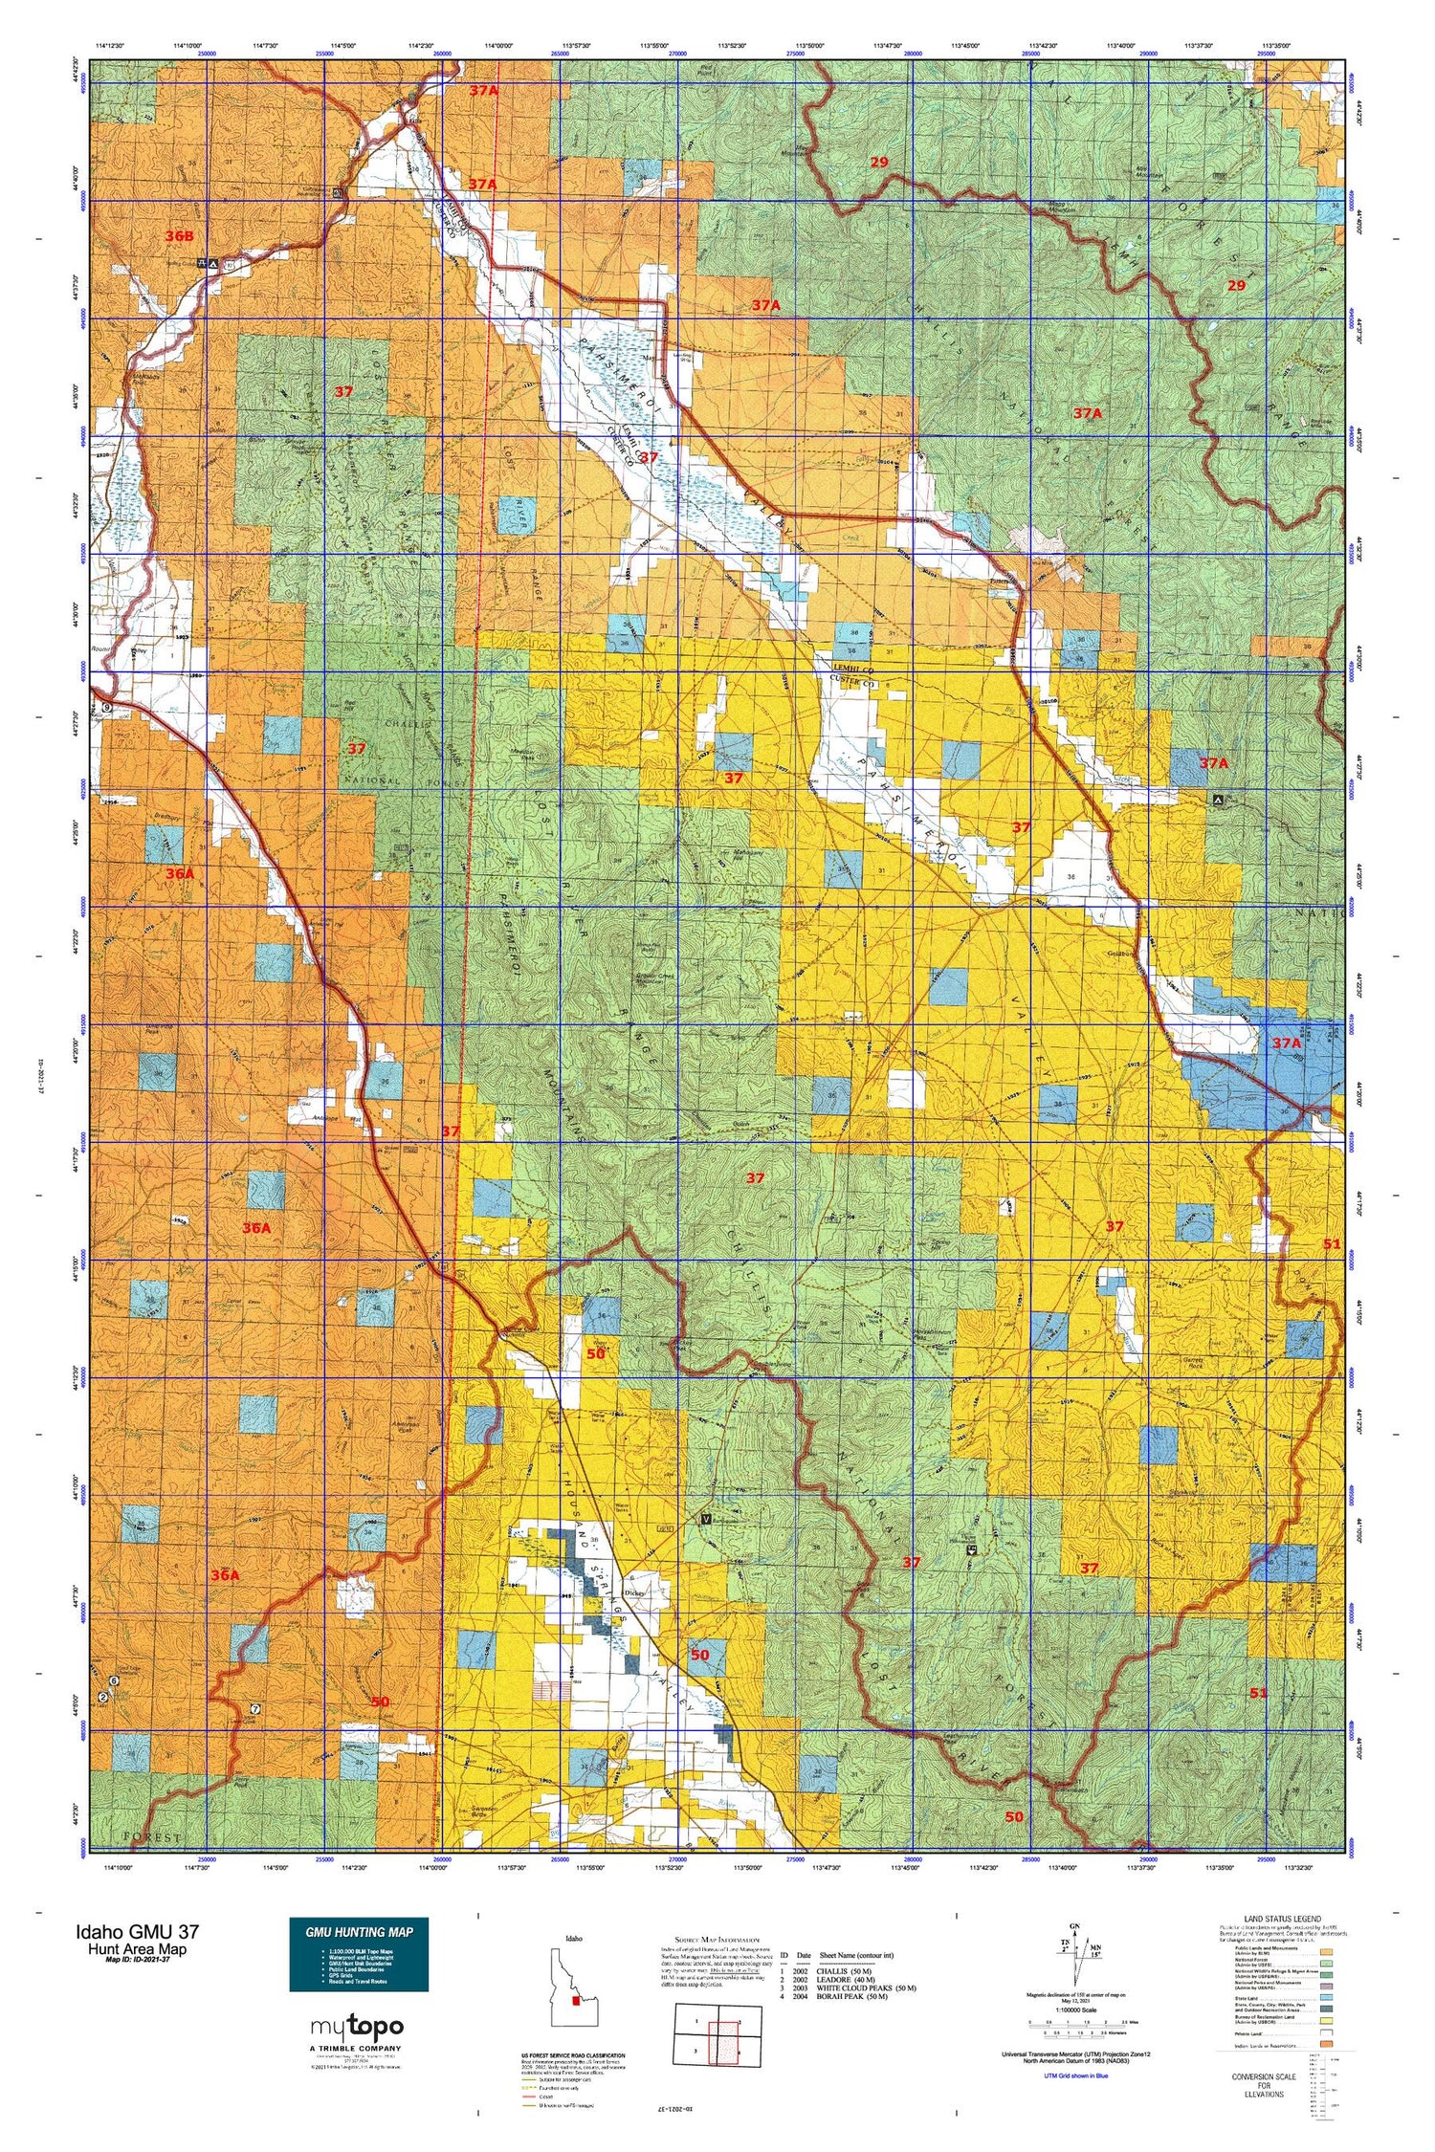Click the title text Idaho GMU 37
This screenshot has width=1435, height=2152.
tap(139, 1931)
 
